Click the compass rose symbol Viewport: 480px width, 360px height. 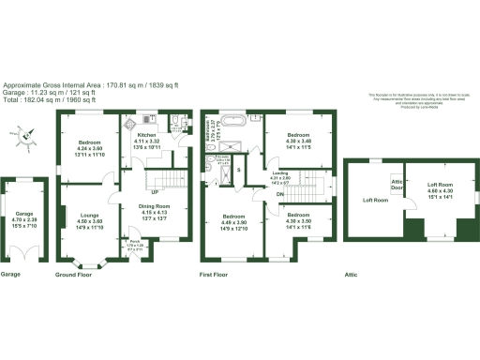pyautogui.click(x=29, y=137)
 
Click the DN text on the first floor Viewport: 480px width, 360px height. pyautogui.click(x=280, y=194)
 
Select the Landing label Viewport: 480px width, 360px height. pyautogui.click(x=280, y=175)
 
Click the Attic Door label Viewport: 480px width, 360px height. pyautogui.click(x=397, y=184)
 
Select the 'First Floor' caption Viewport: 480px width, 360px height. pyautogui.click(x=217, y=275)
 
